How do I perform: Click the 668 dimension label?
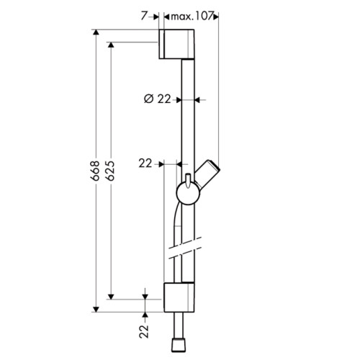pos(96,171)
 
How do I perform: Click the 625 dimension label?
pos(110,171)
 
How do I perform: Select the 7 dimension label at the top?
pos(144,16)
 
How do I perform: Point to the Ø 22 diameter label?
pos(158,99)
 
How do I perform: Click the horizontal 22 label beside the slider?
pos(145,163)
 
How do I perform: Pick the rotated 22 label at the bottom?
pos(144,331)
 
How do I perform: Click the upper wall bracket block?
pos(176,44)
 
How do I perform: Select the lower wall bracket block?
pos(179,297)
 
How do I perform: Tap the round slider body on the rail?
pos(188,194)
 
